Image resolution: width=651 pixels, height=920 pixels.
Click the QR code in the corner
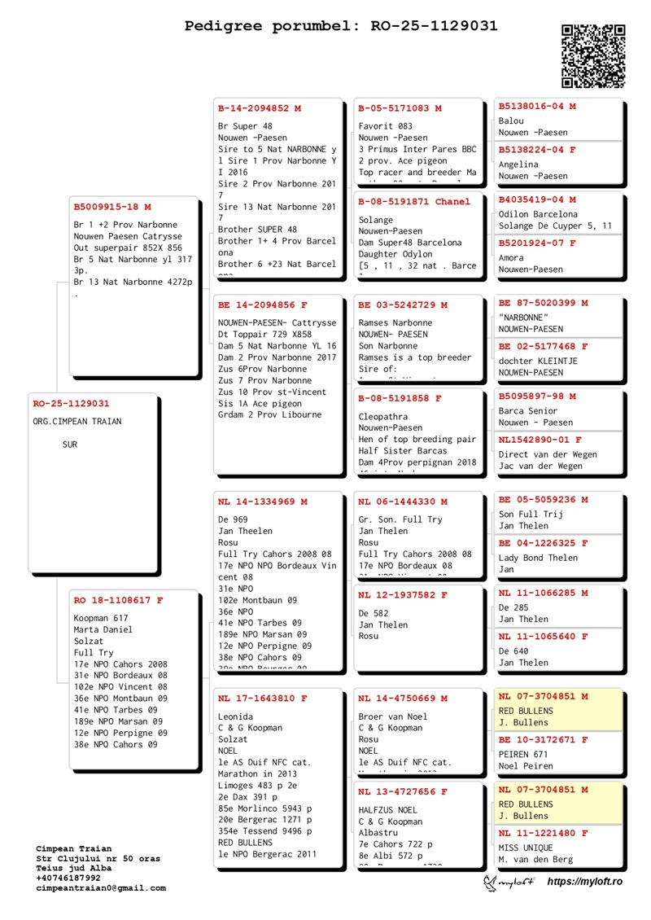pos(593,56)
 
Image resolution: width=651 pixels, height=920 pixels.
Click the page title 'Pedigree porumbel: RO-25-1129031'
pos(341,26)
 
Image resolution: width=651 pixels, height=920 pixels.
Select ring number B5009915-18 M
pos(112,208)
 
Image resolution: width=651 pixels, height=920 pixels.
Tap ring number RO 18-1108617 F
pos(118,600)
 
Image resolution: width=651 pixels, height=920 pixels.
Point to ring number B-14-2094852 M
pos(260,108)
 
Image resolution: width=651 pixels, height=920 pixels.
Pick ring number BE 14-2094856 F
pos(263,305)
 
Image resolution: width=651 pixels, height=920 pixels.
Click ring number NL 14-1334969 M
pos(263,502)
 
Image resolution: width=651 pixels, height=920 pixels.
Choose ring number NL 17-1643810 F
pos(263,699)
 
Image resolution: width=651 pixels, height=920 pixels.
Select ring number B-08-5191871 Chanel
pos(414,202)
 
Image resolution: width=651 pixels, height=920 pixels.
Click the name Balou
pos(511,121)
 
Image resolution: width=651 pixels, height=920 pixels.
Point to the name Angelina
pos(519,164)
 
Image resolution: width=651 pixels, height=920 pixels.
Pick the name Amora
pos(511,258)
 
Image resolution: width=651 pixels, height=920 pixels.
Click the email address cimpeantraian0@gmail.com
pos(101,888)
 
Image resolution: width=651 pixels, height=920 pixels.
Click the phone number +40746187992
pos(69,878)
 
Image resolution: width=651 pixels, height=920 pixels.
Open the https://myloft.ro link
pos(584,882)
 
